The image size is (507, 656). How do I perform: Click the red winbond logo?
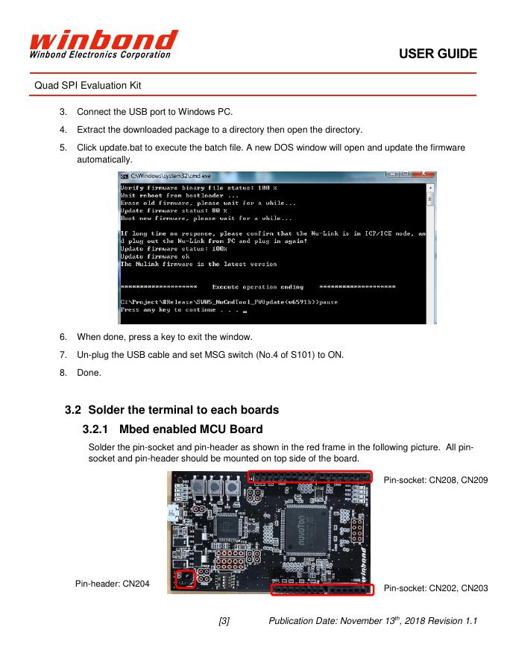tap(104, 43)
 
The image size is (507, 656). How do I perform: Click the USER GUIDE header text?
tap(438, 54)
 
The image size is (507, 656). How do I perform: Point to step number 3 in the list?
tap(63, 113)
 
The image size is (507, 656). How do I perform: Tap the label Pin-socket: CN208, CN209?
tap(435, 480)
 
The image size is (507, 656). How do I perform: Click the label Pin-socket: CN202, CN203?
tap(435, 589)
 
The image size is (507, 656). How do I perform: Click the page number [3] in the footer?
tap(224, 621)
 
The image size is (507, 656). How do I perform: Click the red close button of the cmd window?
tap(426, 175)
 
